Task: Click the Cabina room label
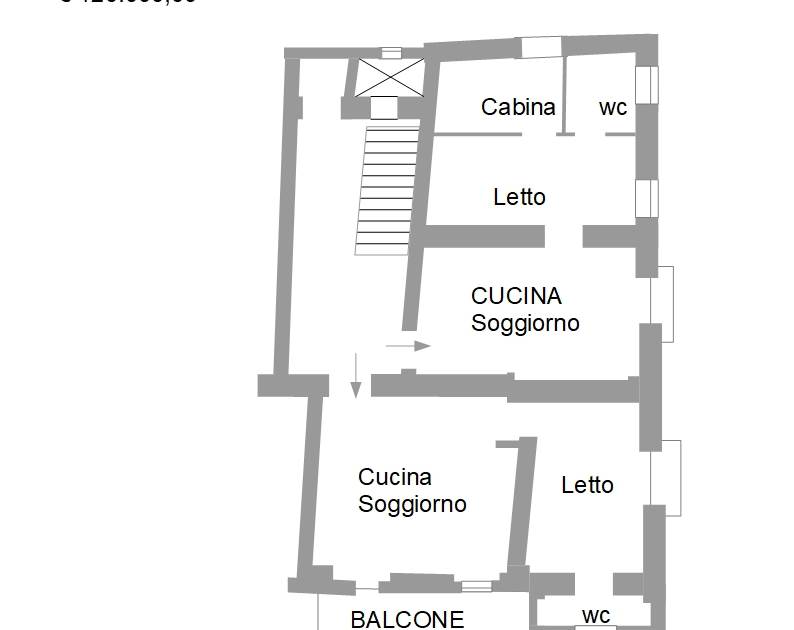[518, 107]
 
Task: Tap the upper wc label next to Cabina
[613, 107]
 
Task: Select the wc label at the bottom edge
[597, 614]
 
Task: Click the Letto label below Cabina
[519, 197]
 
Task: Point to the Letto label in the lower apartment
[587, 485]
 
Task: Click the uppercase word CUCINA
[516, 296]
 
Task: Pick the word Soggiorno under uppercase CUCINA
[525, 323]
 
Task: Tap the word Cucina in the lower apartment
[394, 477]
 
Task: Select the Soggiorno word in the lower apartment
[412, 504]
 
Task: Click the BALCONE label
[407, 619]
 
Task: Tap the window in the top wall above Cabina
[541, 46]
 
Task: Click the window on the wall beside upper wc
[647, 84]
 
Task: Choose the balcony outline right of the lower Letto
[669, 477]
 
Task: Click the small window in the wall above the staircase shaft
[391, 53]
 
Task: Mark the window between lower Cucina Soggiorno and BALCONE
[476, 586]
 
